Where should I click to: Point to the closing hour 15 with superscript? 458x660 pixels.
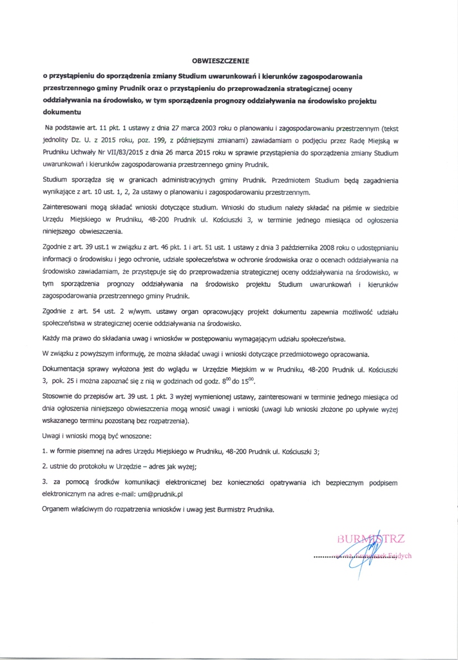(248, 381)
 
